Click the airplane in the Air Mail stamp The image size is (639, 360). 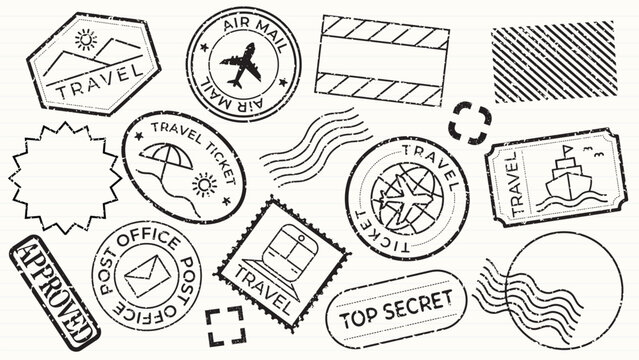coord(241,66)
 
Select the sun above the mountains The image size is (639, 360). coord(84,39)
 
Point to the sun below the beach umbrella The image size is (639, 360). coord(204,185)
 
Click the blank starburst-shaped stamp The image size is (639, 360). coord(65,180)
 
